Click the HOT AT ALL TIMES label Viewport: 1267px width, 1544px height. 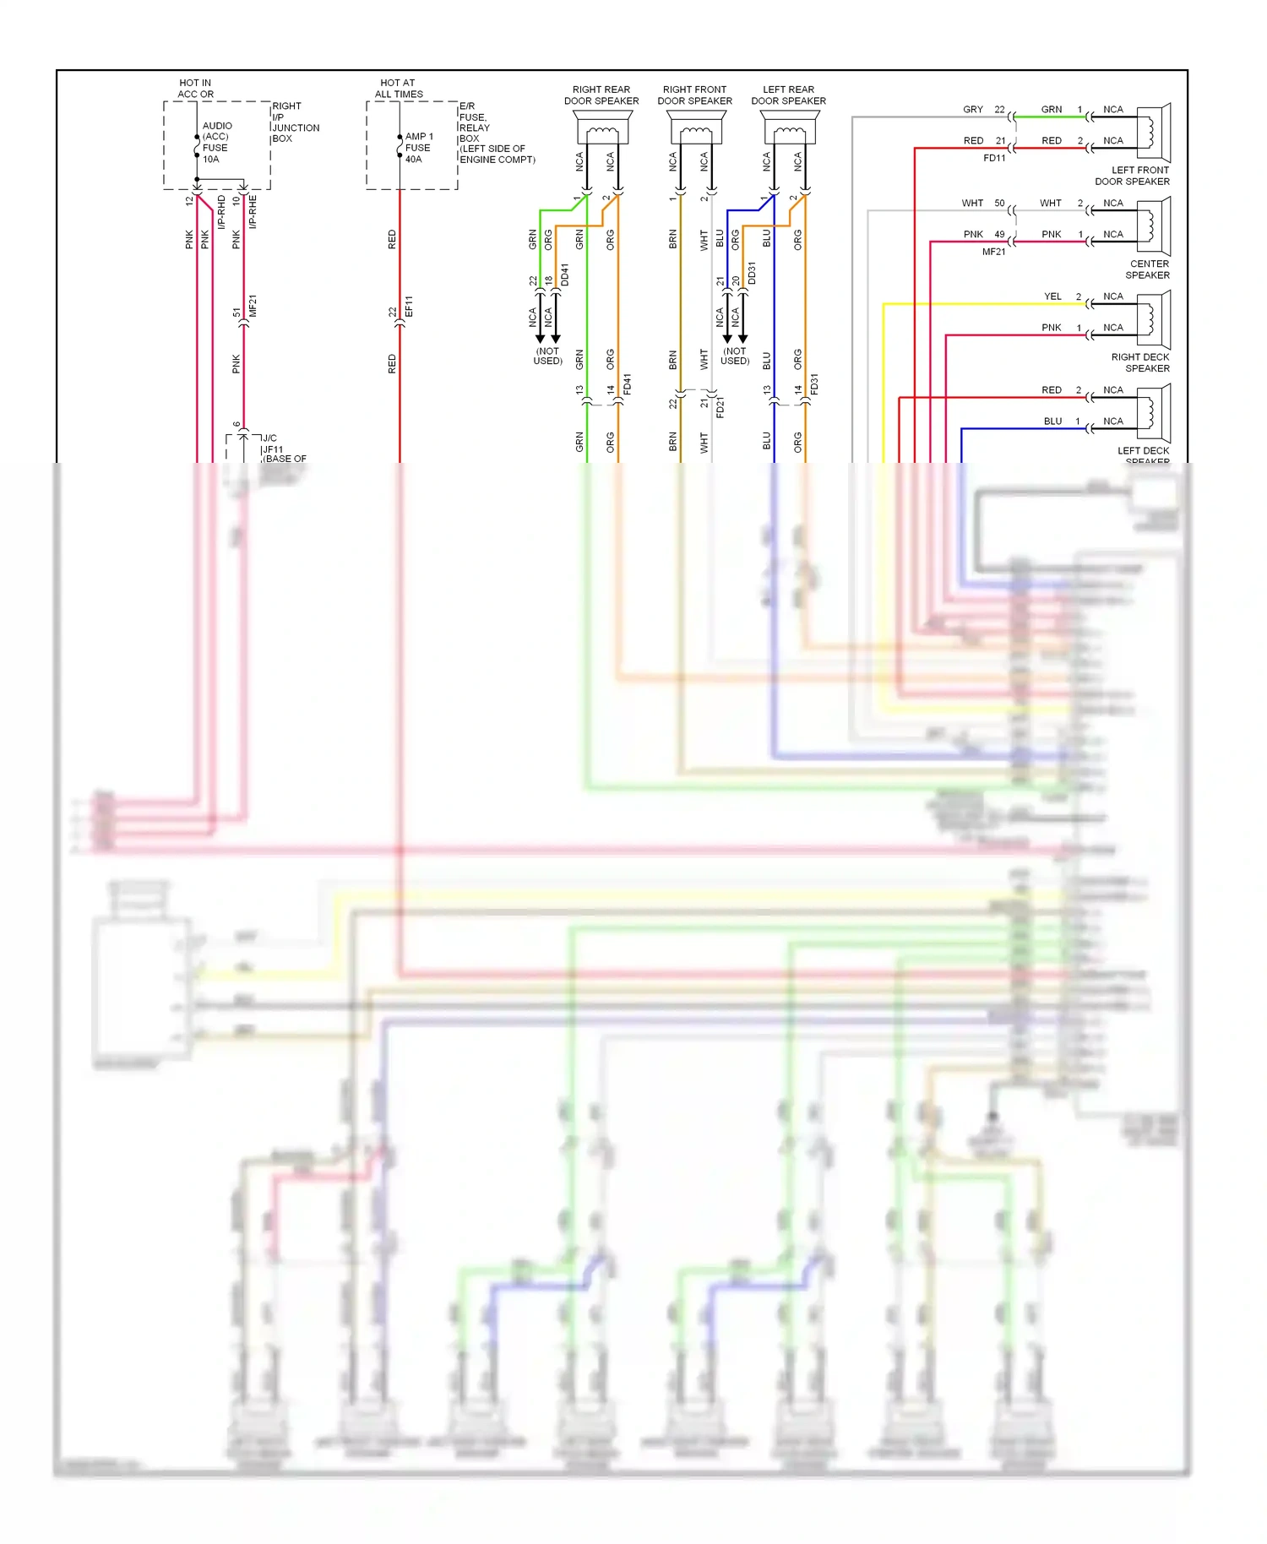point(398,89)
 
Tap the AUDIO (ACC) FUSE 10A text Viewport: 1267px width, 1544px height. point(215,142)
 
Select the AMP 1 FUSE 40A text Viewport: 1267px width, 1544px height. point(418,148)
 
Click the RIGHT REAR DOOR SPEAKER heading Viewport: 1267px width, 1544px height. point(601,95)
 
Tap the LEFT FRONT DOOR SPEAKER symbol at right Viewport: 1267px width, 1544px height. point(1153,132)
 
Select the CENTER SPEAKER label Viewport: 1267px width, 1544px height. point(1148,269)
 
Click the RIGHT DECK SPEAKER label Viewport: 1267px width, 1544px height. point(1139,362)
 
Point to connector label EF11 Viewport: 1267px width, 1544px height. point(409,306)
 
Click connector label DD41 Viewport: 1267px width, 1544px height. point(564,275)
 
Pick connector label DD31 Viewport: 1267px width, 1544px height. point(752,273)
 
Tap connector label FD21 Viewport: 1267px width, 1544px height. point(720,407)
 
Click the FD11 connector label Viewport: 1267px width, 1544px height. point(994,158)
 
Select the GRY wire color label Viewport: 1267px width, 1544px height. point(972,110)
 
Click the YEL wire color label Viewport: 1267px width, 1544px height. point(1052,296)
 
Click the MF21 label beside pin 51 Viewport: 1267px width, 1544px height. point(253,306)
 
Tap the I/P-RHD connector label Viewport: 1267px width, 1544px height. point(221,212)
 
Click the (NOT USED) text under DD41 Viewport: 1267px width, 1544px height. point(547,356)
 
